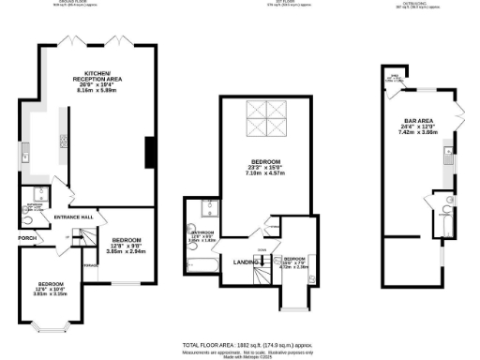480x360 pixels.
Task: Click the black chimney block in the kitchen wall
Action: tap(147, 152)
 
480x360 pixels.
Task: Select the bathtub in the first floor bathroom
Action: tap(201, 266)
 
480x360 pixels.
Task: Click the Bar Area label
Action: tap(416, 121)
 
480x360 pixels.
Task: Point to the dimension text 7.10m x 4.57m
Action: tap(263, 174)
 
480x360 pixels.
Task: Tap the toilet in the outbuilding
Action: tap(450, 202)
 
